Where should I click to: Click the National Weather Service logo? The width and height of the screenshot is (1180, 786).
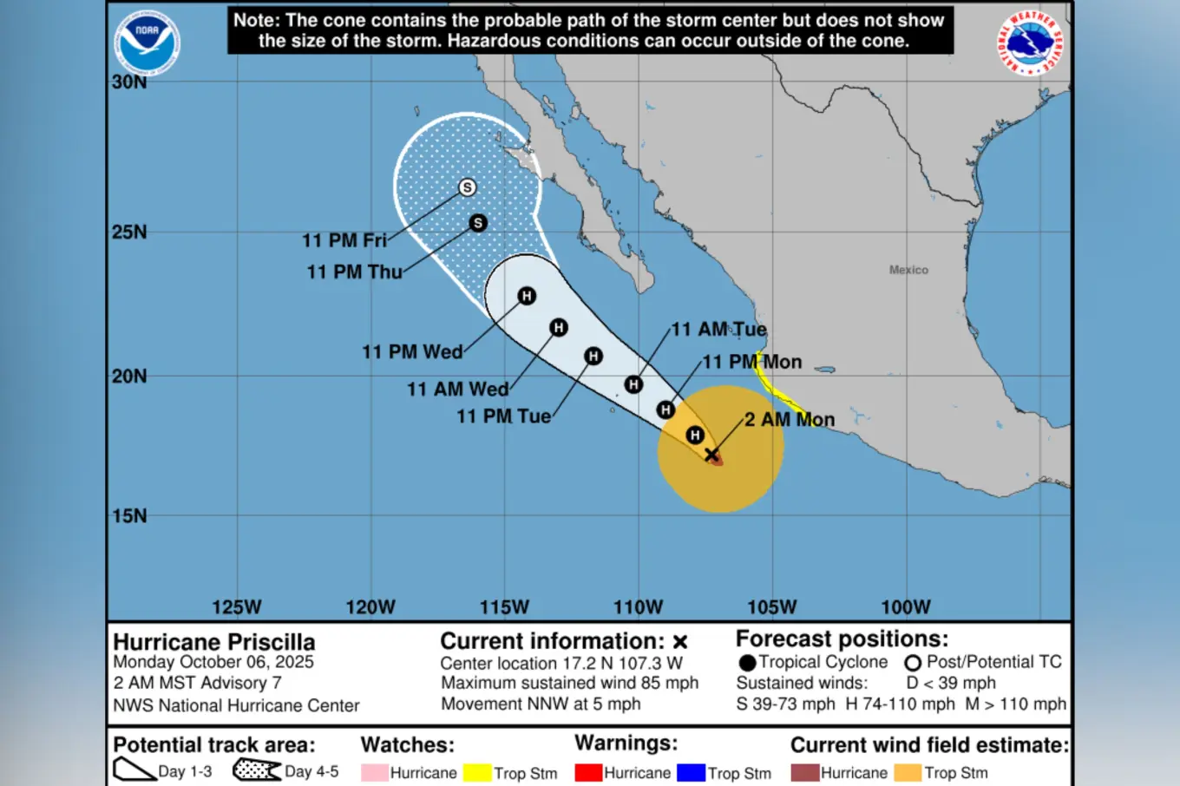coord(1030,43)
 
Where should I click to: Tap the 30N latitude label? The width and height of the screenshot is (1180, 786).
coord(129,82)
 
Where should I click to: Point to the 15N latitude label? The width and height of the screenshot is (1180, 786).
coord(129,515)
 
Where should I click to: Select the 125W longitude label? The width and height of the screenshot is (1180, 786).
coord(236,607)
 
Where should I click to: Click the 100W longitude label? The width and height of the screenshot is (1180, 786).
coord(905,607)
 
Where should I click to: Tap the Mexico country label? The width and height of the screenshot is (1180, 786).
coord(908,270)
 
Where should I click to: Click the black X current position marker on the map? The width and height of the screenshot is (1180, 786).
coord(711,455)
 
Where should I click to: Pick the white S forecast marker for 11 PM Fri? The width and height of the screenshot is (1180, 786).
coord(467,187)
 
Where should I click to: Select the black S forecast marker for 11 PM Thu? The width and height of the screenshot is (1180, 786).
coord(477,223)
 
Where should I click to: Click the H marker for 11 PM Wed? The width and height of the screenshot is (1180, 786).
coord(526,296)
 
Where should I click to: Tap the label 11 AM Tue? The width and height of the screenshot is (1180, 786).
coord(718,330)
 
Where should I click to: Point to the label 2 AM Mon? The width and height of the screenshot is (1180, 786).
coord(790,420)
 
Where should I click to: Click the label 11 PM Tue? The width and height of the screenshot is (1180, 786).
coord(503,416)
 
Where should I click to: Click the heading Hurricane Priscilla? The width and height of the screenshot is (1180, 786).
coord(214,642)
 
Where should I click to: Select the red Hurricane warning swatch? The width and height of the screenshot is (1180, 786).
coord(588,772)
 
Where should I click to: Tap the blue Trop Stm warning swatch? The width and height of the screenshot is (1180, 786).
coord(691,772)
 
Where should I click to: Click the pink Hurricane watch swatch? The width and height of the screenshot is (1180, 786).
coord(374,772)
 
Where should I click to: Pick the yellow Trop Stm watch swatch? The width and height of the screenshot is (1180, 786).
coord(477,772)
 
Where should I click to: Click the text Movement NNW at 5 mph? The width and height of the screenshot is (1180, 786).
coord(541,704)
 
